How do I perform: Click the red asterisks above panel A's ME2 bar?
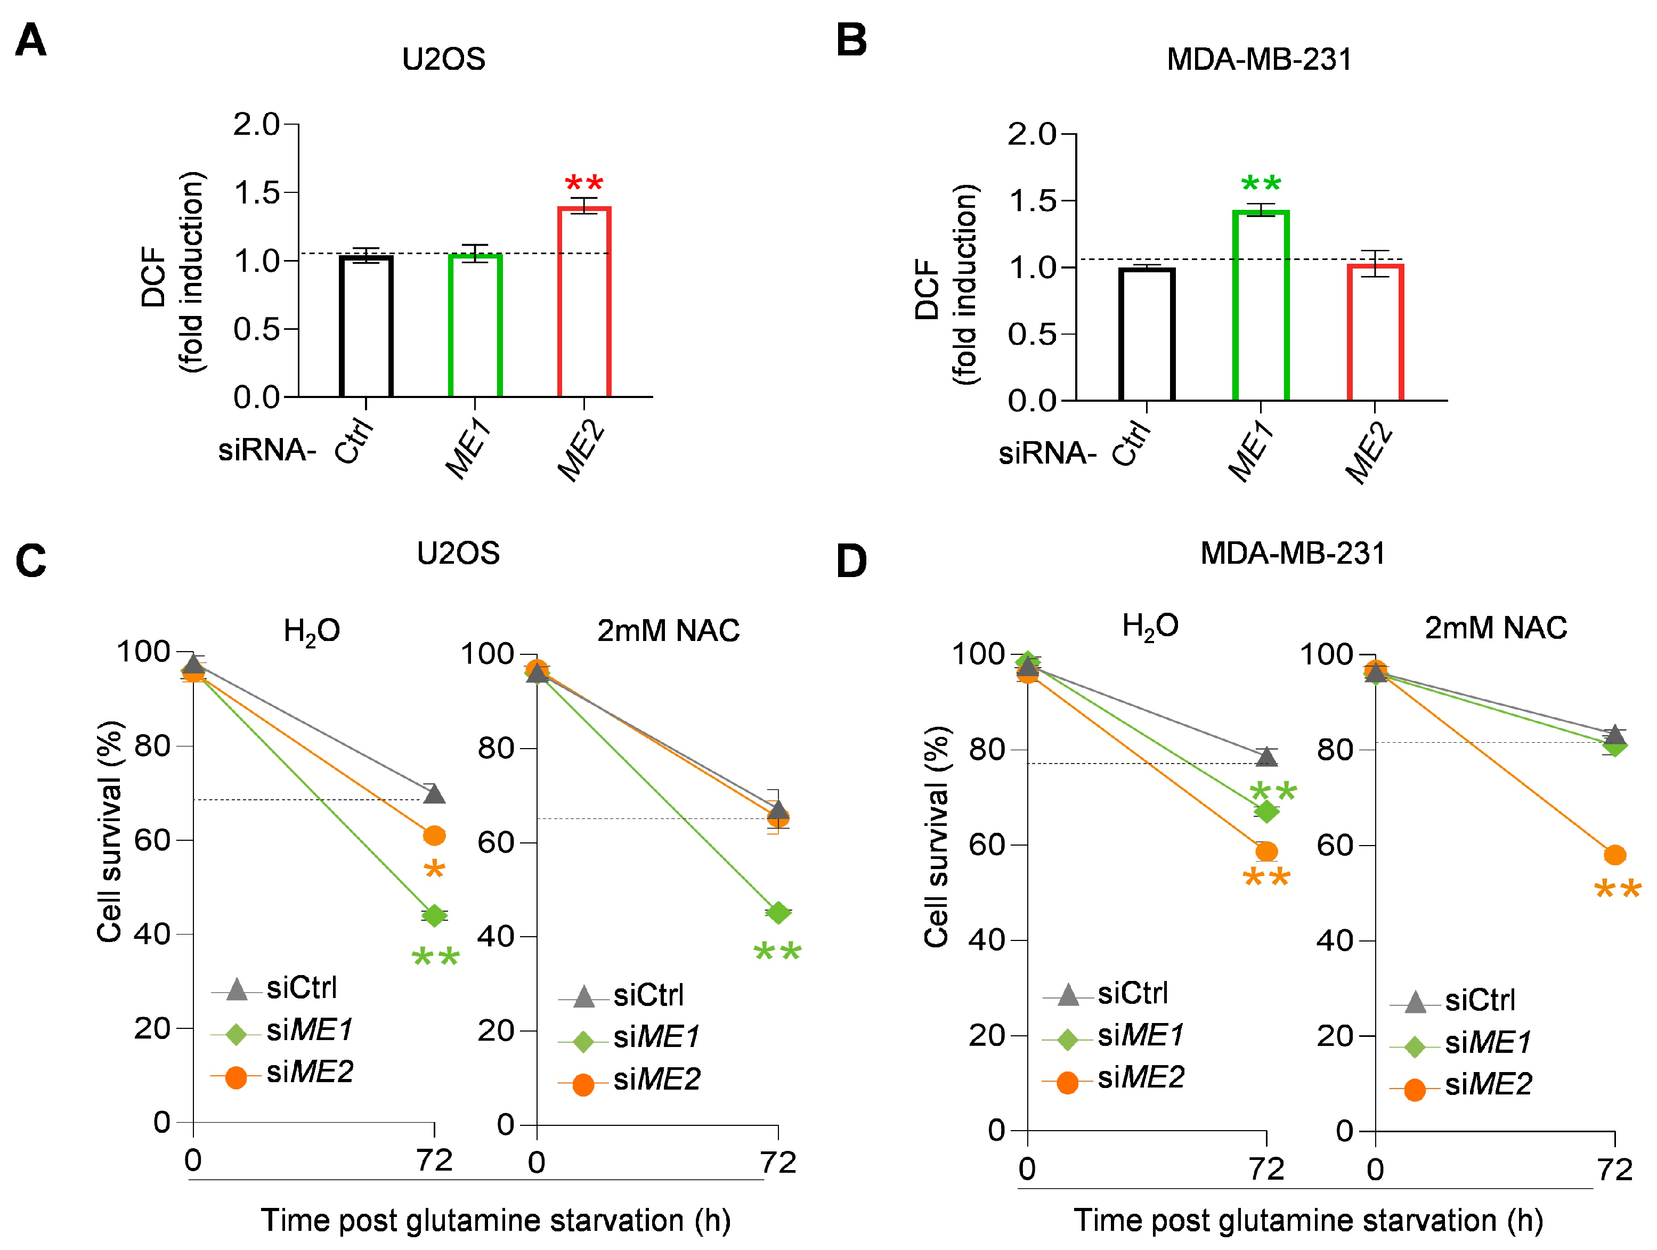click(583, 183)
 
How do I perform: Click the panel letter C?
click(31, 561)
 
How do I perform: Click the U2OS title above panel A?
click(443, 59)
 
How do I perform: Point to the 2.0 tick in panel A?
click(256, 124)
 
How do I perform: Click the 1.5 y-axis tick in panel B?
click(1031, 201)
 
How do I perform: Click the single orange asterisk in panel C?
click(434, 870)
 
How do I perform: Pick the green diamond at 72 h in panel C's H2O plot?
click(434, 915)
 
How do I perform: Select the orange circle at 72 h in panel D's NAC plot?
click(1615, 855)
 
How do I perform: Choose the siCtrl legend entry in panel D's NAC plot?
click(1452, 1001)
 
